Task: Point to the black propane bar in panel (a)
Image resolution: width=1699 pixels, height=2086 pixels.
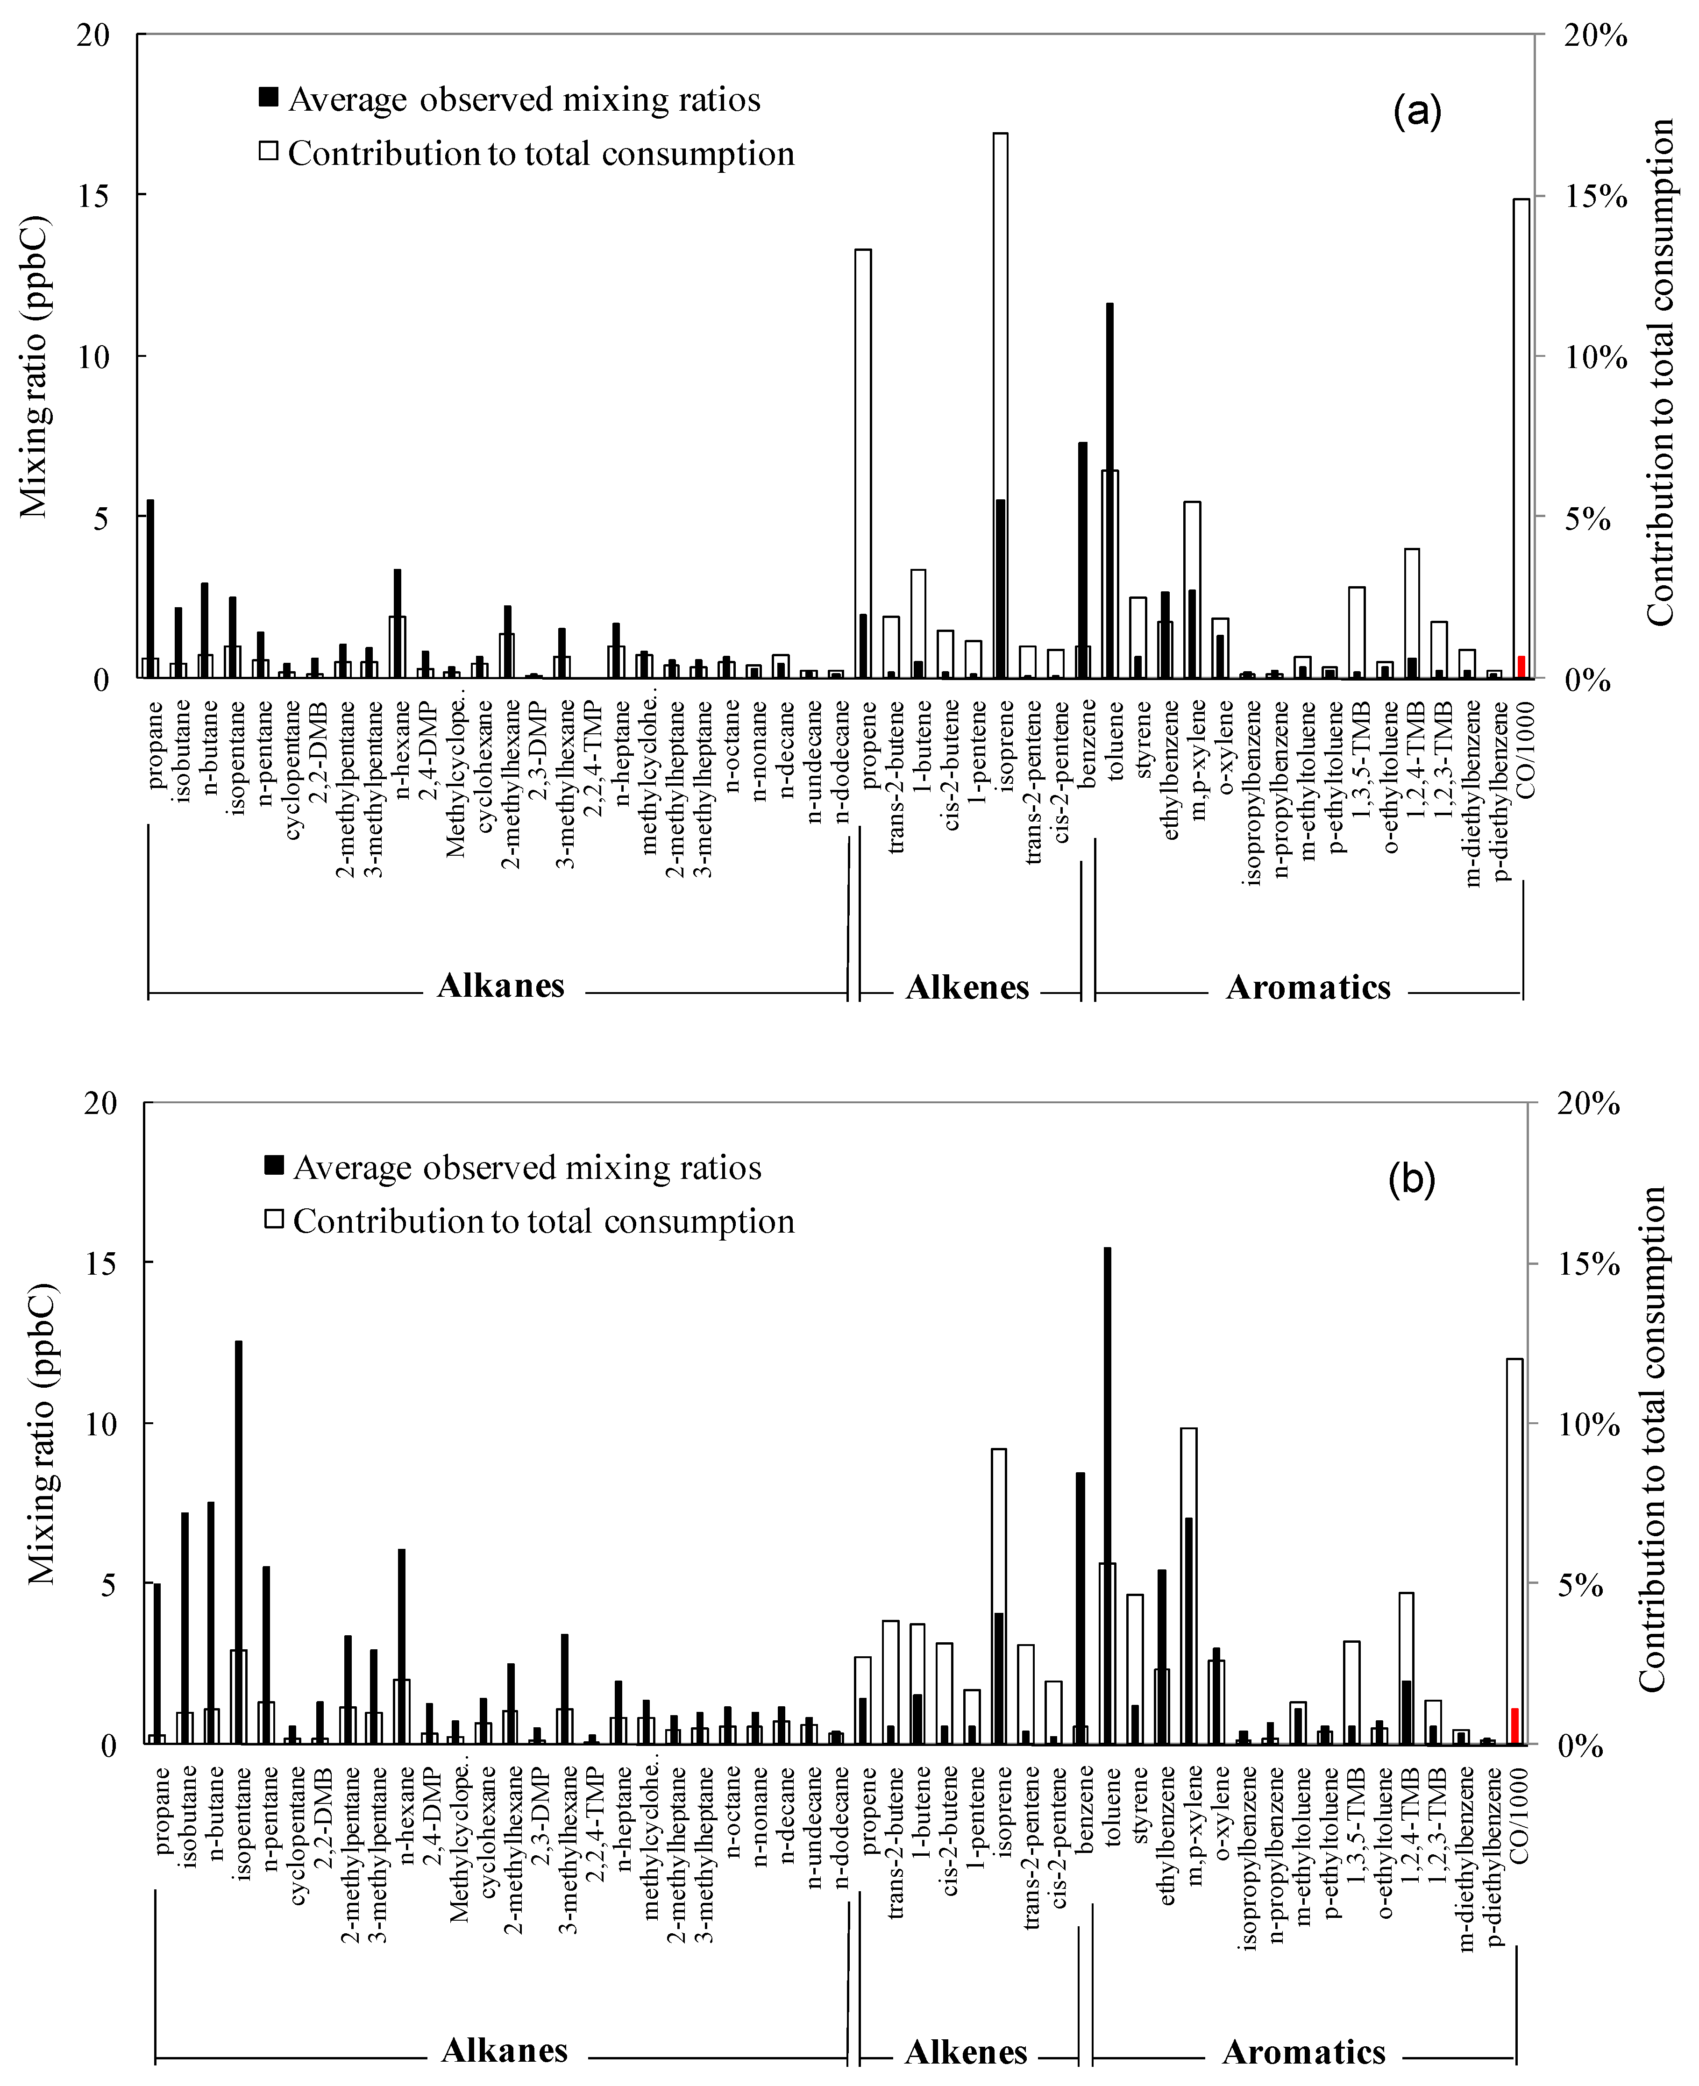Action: [x=151, y=587]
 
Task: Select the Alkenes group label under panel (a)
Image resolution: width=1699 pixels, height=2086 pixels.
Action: [x=967, y=988]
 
